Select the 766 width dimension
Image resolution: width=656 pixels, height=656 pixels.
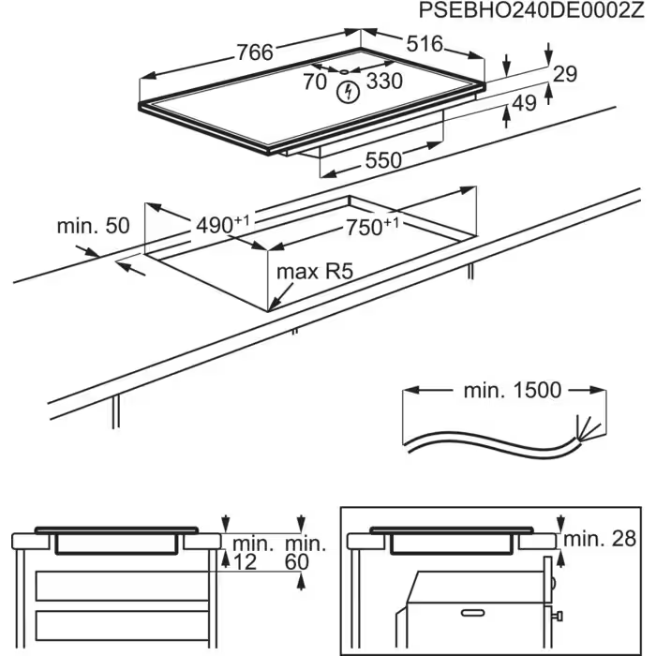click(x=254, y=52)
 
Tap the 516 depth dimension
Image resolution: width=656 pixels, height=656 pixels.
click(x=424, y=45)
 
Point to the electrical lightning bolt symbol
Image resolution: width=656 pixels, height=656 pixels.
click(x=348, y=91)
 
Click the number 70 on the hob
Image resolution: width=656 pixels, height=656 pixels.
click(x=315, y=82)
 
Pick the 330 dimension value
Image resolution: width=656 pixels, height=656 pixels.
click(x=384, y=82)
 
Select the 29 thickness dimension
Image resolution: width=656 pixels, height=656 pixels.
click(x=564, y=75)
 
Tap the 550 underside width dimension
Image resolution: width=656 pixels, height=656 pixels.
click(x=383, y=160)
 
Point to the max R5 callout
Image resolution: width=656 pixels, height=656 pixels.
click(x=314, y=273)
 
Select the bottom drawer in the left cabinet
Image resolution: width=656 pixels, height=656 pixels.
click(x=117, y=624)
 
